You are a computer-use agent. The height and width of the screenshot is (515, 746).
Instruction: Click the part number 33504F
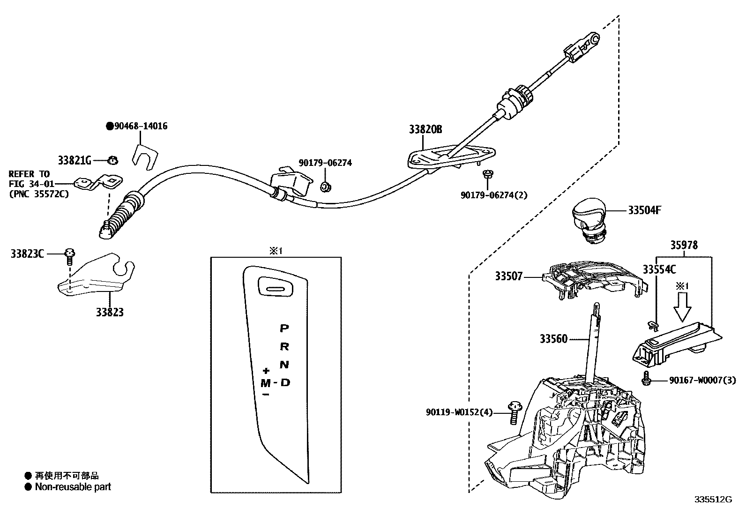[644, 210]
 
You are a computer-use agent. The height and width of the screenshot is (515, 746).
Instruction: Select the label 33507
[508, 276]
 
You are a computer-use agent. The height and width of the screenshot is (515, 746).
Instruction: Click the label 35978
[683, 245]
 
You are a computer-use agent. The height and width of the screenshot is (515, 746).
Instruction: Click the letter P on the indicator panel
[284, 328]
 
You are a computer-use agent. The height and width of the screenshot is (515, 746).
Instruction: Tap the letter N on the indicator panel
[284, 365]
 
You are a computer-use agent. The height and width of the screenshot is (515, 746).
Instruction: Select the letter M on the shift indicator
[266, 383]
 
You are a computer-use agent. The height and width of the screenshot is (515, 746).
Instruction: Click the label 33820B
[425, 129]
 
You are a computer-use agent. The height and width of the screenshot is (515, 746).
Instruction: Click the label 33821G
[74, 160]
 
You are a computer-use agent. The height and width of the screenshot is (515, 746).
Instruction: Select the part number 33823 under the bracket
[110, 312]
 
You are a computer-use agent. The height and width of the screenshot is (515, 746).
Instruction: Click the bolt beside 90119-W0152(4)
[514, 412]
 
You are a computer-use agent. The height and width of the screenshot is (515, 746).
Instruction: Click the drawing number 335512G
[713, 500]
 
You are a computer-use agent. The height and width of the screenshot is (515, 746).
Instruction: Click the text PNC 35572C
[39, 193]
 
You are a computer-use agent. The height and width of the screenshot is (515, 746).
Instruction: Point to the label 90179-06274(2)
[494, 195]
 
